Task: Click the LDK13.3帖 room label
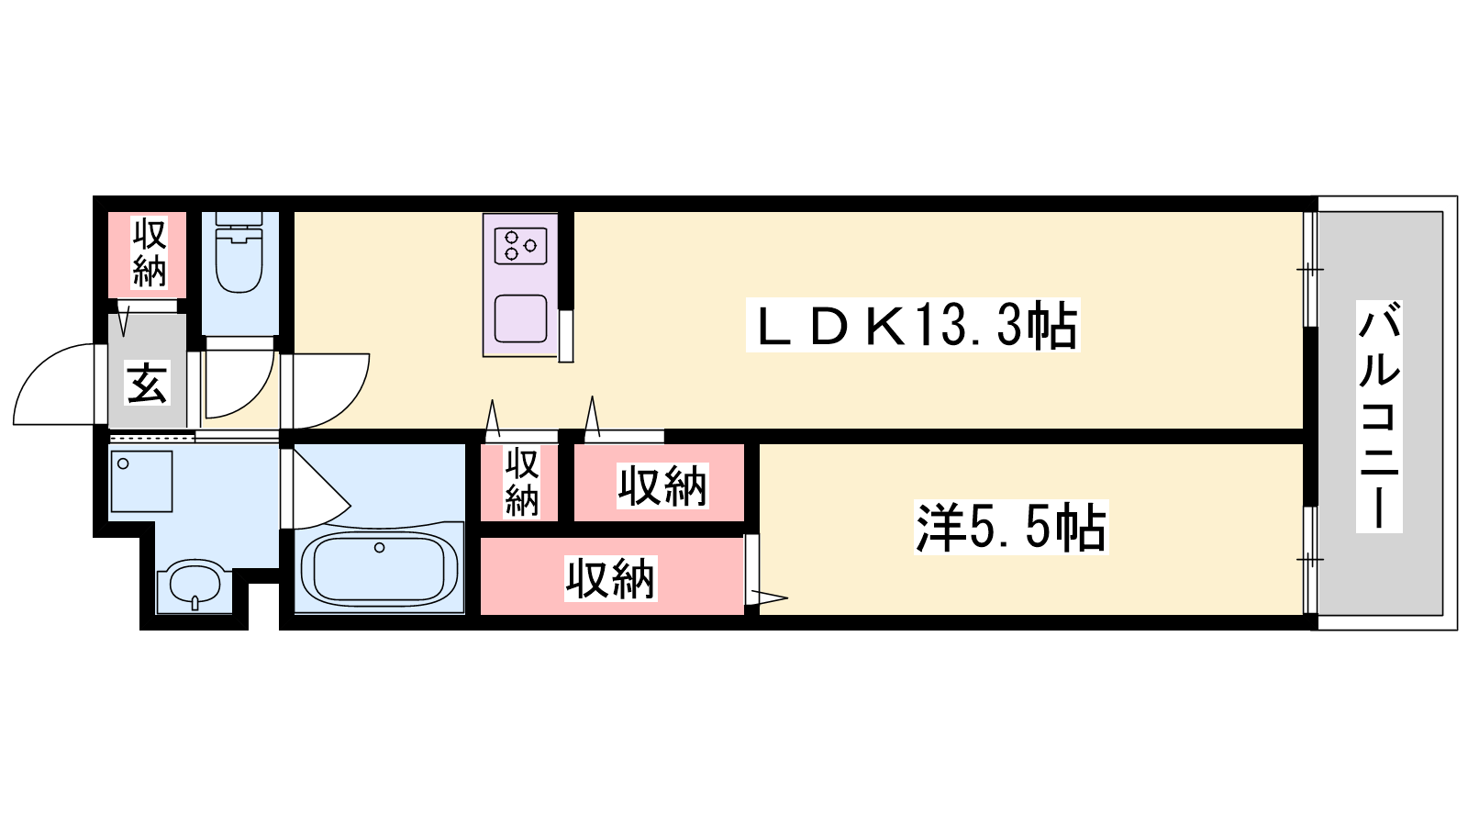point(913,325)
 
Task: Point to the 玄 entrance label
point(147,383)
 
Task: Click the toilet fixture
point(239,262)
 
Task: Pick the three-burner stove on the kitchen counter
point(520,246)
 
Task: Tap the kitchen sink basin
point(520,318)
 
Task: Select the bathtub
point(380,569)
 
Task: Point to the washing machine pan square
point(141,481)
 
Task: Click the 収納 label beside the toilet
point(149,252)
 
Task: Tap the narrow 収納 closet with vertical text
point(520,482)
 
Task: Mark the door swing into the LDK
point(330,390)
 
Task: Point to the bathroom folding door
point(317,491)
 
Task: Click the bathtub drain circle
point(379,548)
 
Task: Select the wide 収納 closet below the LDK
point(662,485)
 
